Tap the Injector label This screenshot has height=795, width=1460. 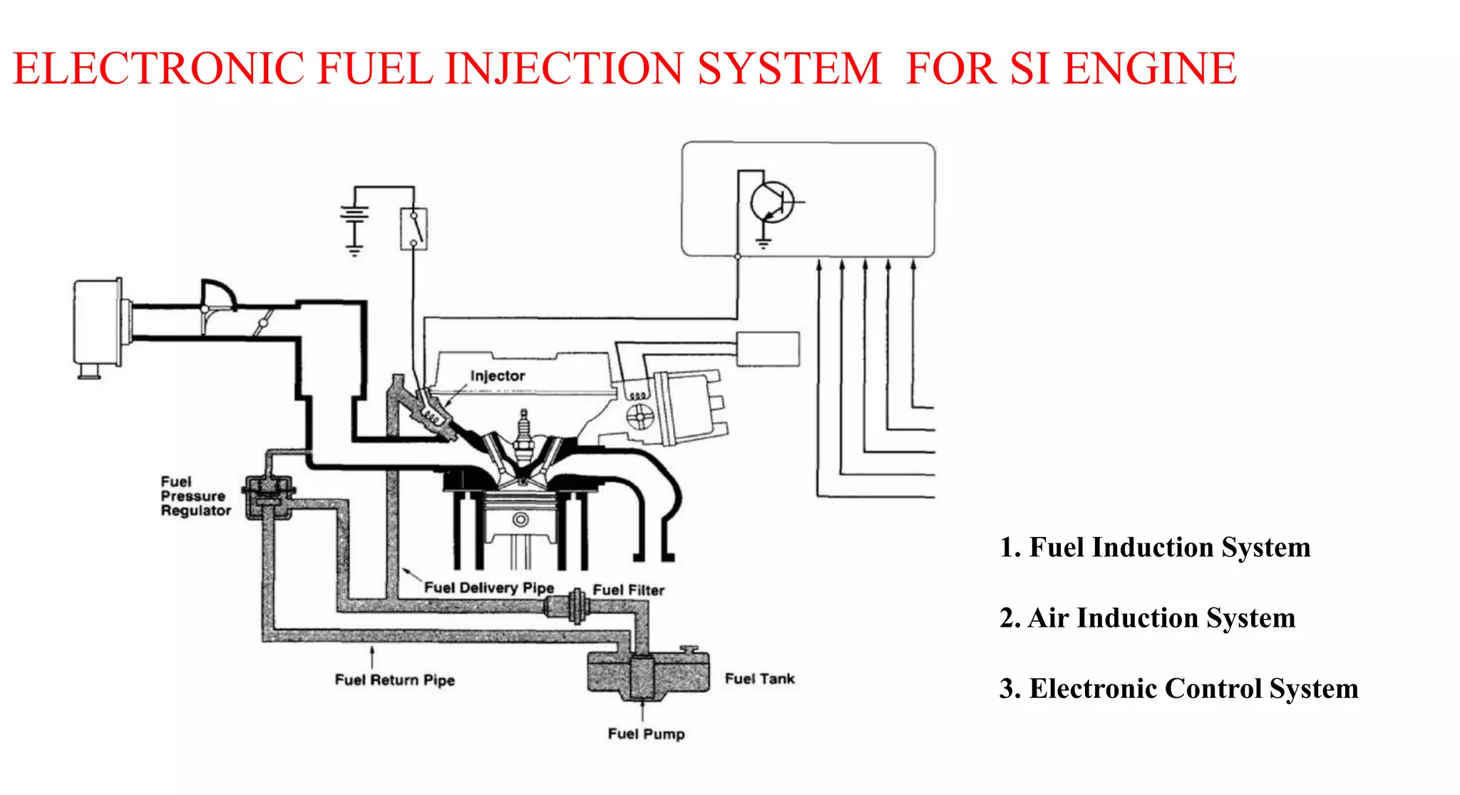(498, 376)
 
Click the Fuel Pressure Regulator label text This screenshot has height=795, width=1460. (195, 496)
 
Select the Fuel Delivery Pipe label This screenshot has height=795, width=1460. (489, 588)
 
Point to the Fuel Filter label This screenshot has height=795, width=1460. (628, 590)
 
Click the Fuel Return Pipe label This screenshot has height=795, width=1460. (394, 679)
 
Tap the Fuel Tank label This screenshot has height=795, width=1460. (759, 679)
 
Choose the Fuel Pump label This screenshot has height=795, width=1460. (646, 734)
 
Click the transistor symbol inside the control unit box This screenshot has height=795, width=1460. (773, 202)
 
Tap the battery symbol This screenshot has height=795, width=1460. (355, 216)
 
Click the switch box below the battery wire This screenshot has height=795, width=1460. (413, 229)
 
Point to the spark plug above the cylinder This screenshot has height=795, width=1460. (524, 436)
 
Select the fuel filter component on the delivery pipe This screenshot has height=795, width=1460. (567, 608)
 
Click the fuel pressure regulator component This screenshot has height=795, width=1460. (268, 496)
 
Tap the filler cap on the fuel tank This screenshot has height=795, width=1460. (689, 649)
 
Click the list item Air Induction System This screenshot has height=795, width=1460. (1147, 618)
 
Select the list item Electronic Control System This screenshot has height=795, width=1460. (1178, 689)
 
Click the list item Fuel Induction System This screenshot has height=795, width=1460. (1155, 548)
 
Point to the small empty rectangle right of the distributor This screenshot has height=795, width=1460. (768, 349)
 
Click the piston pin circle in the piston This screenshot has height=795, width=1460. (521, 519)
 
